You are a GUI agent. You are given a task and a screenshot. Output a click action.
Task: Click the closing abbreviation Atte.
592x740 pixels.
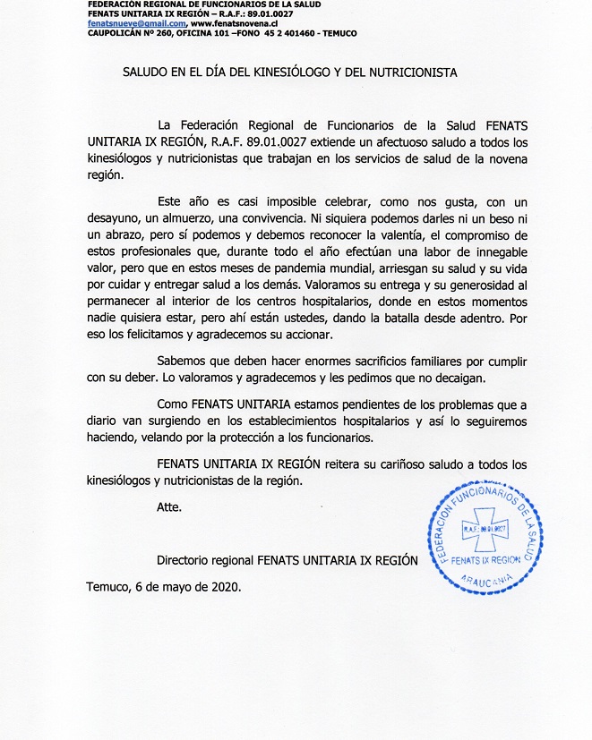pos(168,507)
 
